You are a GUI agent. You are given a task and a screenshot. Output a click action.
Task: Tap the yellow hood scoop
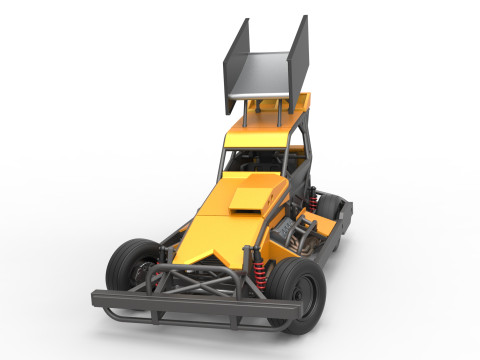click(249, 197)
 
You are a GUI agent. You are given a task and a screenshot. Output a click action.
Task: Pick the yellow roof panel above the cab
click(265, 133)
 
